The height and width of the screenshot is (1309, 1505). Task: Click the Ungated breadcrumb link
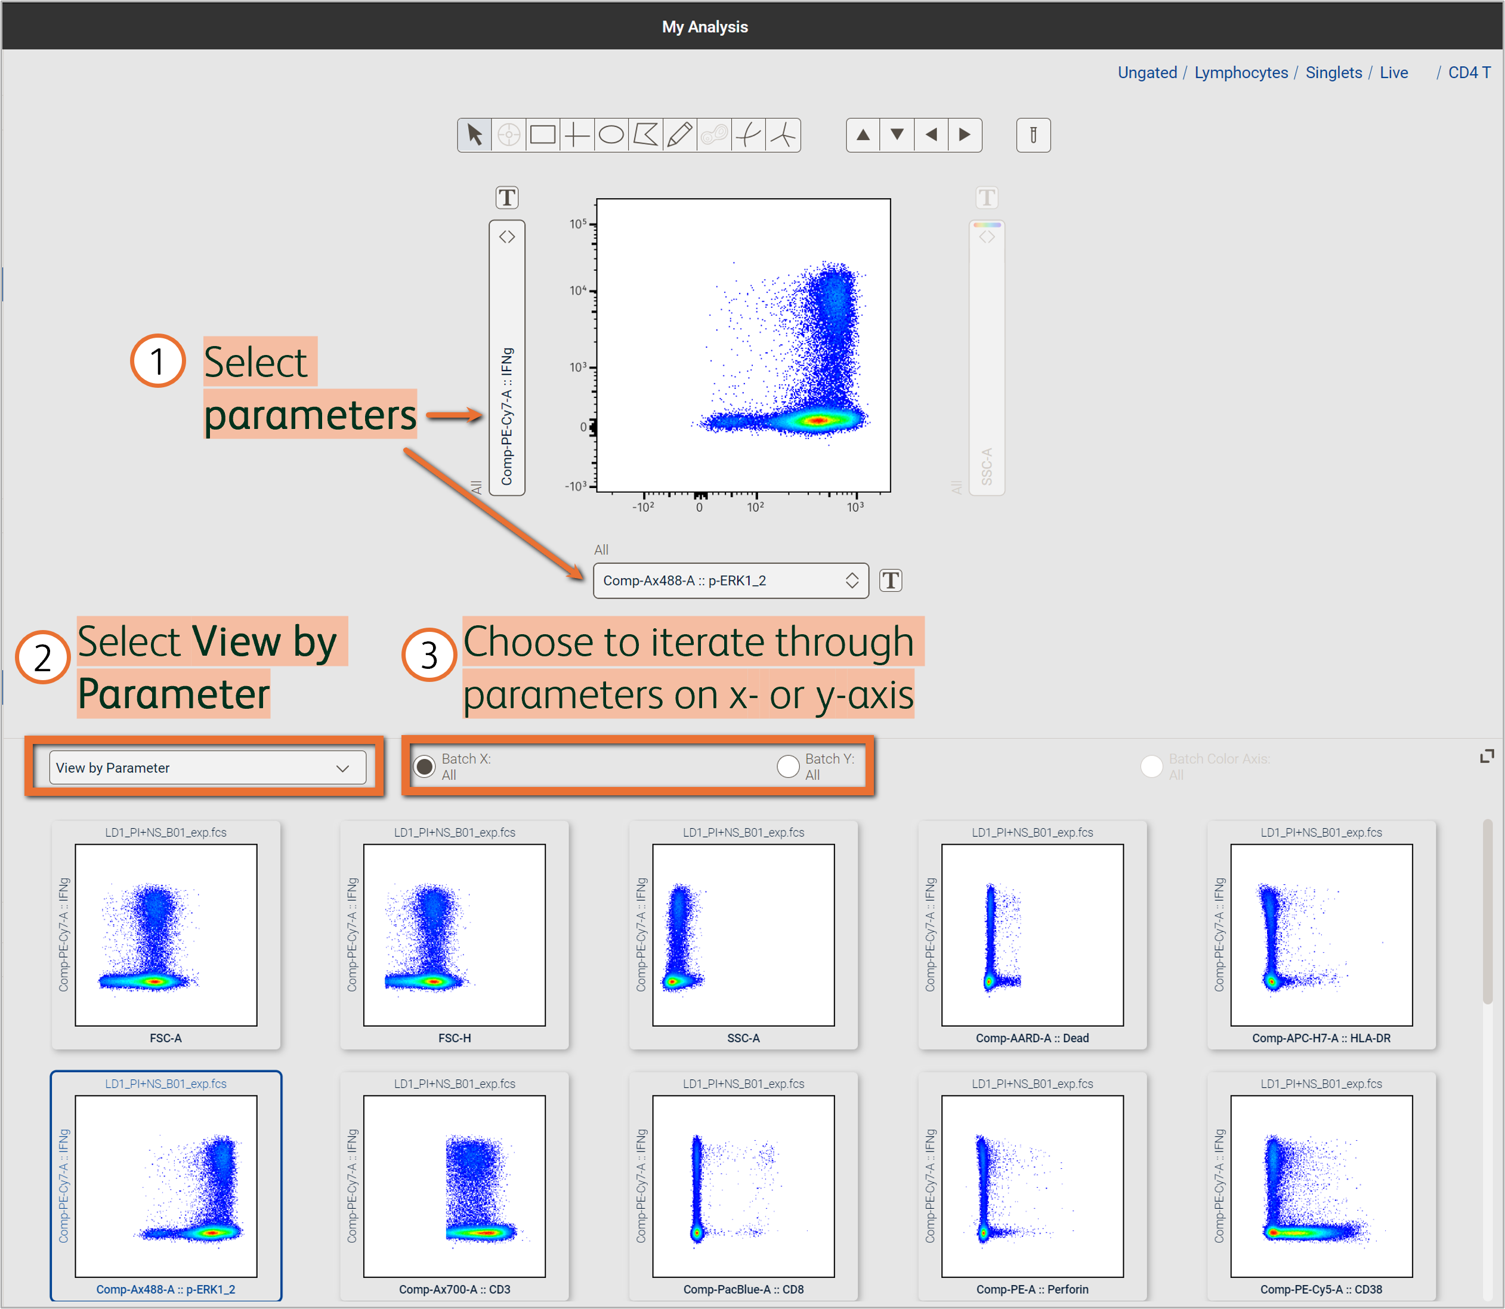tap(1146, 72)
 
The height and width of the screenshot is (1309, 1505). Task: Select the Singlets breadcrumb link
tap(1333, 72)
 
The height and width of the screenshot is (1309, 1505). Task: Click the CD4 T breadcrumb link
tap(1469, 72)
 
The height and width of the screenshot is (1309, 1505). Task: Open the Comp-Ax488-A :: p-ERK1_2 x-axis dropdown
tap(730, 581)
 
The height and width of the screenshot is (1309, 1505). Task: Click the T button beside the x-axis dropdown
tap(890, 581)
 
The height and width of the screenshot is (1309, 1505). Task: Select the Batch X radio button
tap(424, 766)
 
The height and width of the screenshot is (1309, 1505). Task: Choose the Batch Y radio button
tap(788, 766)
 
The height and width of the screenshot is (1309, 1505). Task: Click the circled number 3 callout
tap(429, 655)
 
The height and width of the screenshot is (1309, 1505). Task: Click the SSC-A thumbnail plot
tap(743, 935)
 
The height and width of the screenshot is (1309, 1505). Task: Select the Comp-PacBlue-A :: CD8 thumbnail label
tap(743, 1289)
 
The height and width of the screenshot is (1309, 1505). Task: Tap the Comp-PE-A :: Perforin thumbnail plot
tap(1032, 1185)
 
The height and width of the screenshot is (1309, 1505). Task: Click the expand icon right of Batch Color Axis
tap(1486, 757)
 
